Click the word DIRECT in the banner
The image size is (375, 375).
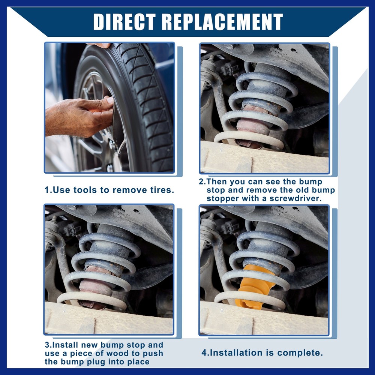[x=124, y=22]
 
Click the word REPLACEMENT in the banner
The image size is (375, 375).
[x=222, y=22]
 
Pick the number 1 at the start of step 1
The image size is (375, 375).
[x=47, y=190]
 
